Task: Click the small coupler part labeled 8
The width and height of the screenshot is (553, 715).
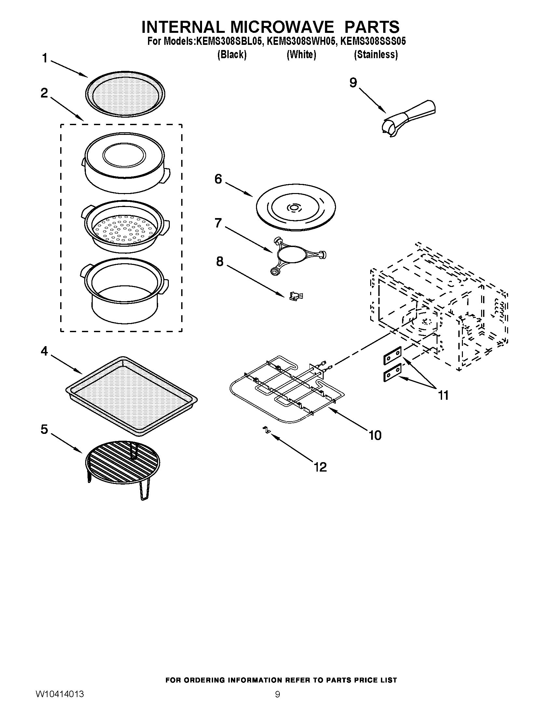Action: [295, 296]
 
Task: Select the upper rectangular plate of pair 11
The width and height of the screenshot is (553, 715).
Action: [392, 356]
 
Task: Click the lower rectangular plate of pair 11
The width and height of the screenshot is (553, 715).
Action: [392, 372]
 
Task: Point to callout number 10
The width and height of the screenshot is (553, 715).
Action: [375, 435]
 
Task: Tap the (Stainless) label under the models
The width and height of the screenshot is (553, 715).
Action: [376, 55]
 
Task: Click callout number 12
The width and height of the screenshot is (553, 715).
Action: [320, 467]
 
